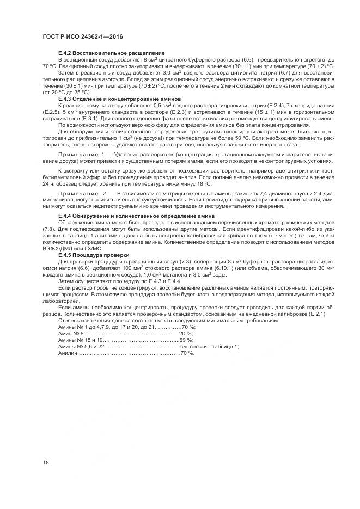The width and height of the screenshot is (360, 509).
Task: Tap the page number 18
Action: coord(46,463)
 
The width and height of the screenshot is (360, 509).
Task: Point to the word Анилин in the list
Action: coord(68,353)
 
